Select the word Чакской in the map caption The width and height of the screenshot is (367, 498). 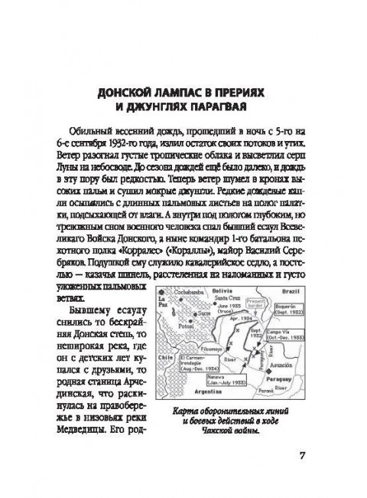216,428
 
